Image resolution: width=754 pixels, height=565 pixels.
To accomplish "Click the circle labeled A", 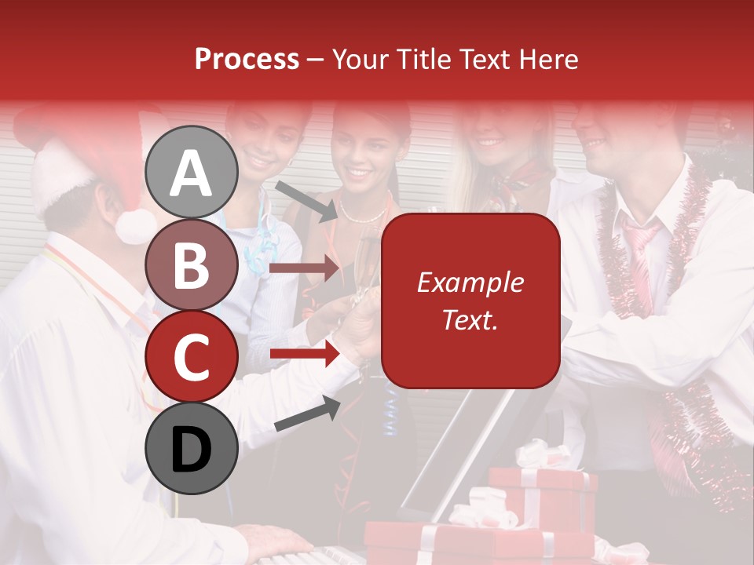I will [x=192, y=173].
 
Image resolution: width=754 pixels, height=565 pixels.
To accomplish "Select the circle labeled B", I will [x=192, y=264].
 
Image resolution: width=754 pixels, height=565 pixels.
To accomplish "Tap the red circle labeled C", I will [x=192, y=357].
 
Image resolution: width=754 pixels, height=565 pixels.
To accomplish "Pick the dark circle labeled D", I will [x=192, y=449].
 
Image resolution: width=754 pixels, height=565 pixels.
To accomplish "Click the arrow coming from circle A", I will [x=306, y=201].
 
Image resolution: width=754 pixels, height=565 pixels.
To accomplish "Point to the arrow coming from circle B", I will [x=304, y=269].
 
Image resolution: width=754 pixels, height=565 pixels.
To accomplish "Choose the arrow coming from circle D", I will [x=306, y=414].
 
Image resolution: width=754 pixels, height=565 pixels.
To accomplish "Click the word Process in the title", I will [x=247, y=59].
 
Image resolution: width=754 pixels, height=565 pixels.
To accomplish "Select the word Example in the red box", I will [x=470, y=283].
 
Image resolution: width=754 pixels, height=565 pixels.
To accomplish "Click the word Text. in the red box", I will [x=470, y=319].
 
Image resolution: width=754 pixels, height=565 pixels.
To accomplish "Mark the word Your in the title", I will [x=360, y=59].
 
